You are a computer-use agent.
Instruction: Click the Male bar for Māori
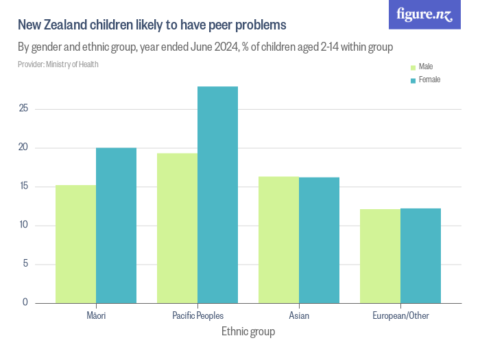point(75,244)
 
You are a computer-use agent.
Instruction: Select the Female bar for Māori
point(116,226)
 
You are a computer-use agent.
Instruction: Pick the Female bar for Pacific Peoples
point(217,195)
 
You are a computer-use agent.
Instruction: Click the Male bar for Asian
point(278,240)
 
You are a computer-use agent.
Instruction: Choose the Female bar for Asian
point(319,240)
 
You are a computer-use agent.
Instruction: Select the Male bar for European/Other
point(380,256)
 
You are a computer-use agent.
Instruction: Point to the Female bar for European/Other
point(420,256)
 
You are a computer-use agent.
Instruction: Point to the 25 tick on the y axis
point(23,108)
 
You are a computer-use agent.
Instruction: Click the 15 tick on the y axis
point(23,187)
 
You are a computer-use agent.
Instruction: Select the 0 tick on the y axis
point(25,302)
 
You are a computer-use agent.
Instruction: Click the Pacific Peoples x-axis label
point(197,315)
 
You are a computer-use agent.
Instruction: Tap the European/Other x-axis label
point(400,315)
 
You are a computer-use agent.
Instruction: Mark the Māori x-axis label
point(96,315)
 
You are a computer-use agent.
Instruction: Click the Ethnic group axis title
point(248,332)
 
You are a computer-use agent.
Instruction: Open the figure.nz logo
point(425,15)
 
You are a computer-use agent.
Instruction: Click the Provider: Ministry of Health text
point(58,64)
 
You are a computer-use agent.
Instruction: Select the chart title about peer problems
point(152,25)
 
